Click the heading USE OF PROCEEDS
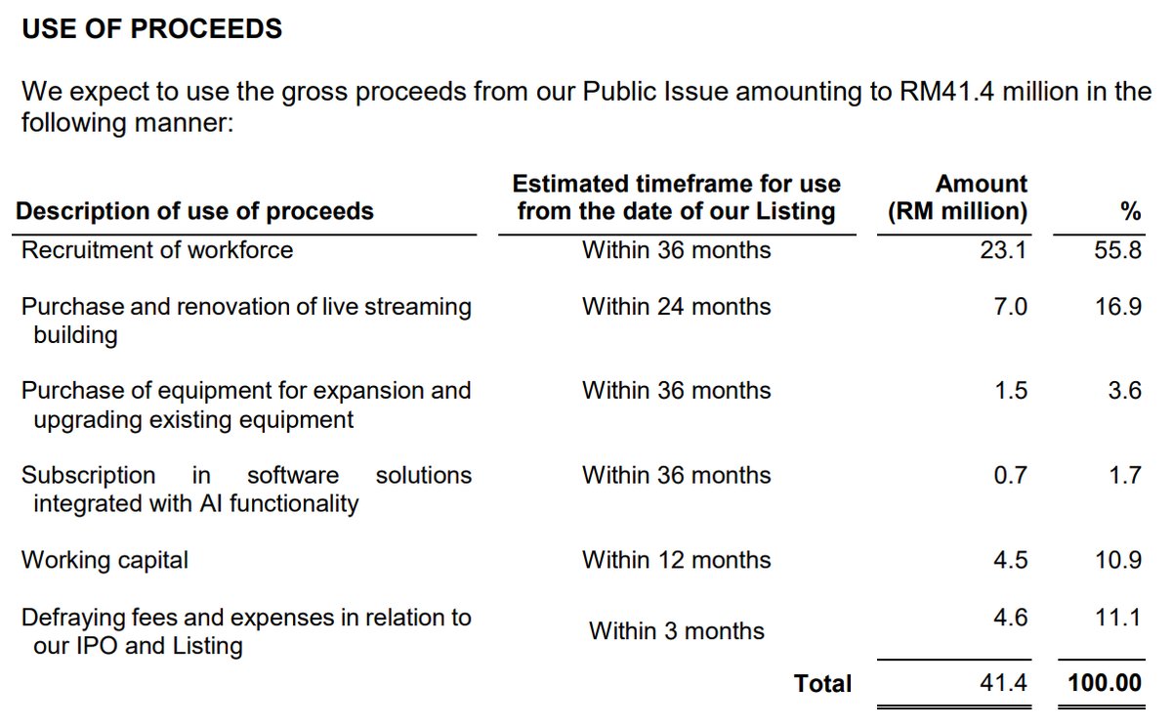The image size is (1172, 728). click(151, 29)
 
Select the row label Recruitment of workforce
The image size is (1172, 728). click(157, 250)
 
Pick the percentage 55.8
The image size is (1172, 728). click(1118, 250)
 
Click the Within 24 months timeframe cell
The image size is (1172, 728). click(676, 307)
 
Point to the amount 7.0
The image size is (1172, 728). click(1010, 307)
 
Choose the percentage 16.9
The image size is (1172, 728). click(1118, 307)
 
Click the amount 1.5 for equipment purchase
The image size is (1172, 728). click(1010, 391)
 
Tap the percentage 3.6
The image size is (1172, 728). click(1124, 391)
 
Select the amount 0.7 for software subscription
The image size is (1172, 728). click(1010, 476)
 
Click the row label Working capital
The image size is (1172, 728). click(105, 560)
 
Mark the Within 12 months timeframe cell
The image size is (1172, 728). click(676, 560)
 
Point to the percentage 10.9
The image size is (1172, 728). click(1118, 560)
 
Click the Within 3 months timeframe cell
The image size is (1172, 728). click(676, 631)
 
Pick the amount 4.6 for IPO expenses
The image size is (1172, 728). click(1010, 618)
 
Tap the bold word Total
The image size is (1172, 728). click(822, 684)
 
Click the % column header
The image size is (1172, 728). click(1131, 211)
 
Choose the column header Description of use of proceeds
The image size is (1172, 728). click(194, 211)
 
